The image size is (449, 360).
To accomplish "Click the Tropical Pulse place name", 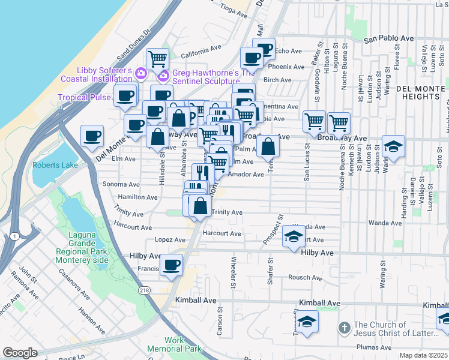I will click(84, 97).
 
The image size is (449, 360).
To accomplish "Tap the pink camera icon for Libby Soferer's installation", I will click(141, 74).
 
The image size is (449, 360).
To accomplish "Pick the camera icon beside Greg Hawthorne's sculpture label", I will click(163, 74).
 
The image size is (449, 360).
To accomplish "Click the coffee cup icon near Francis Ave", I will click(172, 265).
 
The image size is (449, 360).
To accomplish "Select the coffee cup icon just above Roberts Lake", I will click(92, 136).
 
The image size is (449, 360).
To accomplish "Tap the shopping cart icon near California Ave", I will click(157, 59).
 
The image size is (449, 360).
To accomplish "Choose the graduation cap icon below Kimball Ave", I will click(306, 322).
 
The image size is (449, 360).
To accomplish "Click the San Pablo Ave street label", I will click(389, 38).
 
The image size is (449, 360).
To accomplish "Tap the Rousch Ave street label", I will click(305, 277).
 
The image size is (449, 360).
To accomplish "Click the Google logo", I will click(20, 353).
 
